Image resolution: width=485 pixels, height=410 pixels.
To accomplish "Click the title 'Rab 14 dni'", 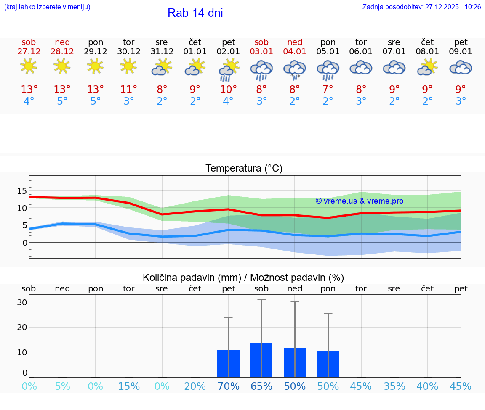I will coord(195,13).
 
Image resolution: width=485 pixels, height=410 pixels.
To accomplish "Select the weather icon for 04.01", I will coord(295,69).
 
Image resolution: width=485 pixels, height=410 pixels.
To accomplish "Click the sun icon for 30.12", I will coord(128,66).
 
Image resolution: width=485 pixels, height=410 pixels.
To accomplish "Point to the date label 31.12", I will coord(162,52).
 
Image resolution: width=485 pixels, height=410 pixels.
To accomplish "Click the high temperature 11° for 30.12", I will coord(128,89).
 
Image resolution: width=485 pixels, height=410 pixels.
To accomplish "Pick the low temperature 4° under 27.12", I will coord(29,101).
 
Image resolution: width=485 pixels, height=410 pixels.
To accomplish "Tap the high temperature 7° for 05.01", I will coord(328,89).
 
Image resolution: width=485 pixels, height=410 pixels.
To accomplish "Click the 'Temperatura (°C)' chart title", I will coord(244,169).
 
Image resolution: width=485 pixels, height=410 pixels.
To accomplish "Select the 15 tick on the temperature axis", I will coord(22,191).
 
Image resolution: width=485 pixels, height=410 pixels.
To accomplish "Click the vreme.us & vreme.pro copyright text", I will coord(360,201).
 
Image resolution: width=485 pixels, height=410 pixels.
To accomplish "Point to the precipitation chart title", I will coord(243,278).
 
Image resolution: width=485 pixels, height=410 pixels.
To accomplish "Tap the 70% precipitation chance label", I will coord(228,386).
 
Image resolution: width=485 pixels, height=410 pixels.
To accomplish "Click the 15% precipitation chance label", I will coord(129,386).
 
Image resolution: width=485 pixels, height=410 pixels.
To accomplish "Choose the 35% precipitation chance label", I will coord(394,386).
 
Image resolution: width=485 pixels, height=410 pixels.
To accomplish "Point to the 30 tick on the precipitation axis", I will coord(22,302).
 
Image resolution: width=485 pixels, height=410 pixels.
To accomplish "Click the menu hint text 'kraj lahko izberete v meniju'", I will coord(47,7).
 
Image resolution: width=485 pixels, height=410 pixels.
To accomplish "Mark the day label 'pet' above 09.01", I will coord(461,42).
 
